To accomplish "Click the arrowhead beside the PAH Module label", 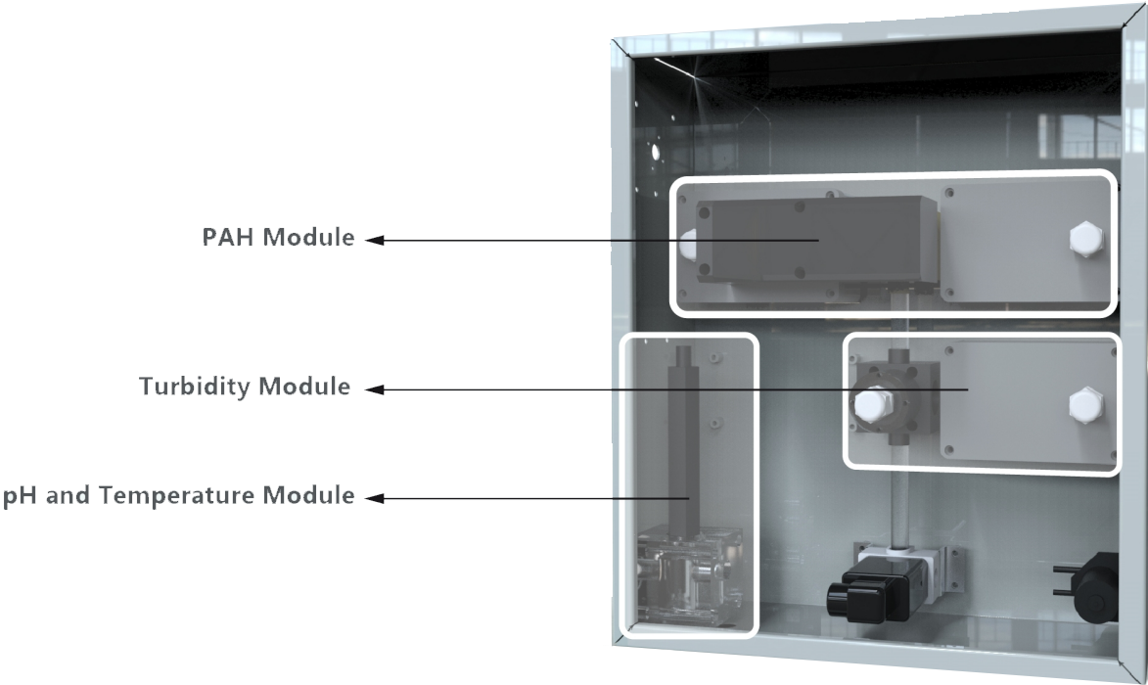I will (x=371, y=240).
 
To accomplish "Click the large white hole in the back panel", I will (x=655, y=153).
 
